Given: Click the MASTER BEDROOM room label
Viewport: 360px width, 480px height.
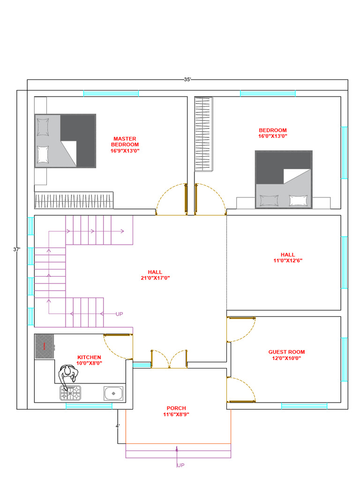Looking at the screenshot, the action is pyautogui.click(x=125, y=144).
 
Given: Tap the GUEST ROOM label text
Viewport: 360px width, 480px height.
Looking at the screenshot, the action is pyautogui.click(x=286, y=352).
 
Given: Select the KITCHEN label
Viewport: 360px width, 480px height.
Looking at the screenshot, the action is pyautogui.click(x=89, y=357).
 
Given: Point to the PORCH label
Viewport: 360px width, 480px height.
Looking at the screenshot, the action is pyautogui.click(x=176, y=408).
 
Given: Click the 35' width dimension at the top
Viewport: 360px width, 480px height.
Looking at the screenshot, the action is pyautogui.click(x=187, y=79).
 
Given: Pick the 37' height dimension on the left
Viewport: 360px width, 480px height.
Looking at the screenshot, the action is pyautogui.click(x=16, y=249).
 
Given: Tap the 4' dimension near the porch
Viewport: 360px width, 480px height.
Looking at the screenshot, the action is pyautogui.click(x=118, y=426).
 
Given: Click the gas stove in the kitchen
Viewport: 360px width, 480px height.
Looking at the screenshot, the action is pyautogui.click(x=70, y=393).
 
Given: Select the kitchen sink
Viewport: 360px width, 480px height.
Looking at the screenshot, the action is pyautogui.click(x=113, y=393).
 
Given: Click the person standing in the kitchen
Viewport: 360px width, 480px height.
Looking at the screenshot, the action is pyautogui.click(x=68, y=375).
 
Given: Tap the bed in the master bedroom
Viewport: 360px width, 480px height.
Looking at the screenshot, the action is pyautogui.click(x=65, y=141).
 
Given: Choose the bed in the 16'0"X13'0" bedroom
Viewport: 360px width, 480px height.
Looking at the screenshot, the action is pyautogui.click(x=284, y=180).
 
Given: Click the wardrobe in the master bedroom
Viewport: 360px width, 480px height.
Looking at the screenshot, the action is pyautogui.click(x=74, y=201).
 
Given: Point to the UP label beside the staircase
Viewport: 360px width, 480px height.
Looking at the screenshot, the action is pyautogui.click(x=120, y=314).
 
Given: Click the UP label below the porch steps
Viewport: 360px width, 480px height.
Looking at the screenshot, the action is pyautogui.click(x=180, y=465).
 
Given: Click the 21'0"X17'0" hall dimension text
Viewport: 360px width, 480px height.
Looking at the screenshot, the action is pyautogui.click(x=155, y=278).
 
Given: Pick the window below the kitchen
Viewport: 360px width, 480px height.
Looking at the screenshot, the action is pyautogui.click(x=89, y=406).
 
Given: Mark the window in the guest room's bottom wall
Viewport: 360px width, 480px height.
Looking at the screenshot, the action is pyautogui.click(x=304, y=406).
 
